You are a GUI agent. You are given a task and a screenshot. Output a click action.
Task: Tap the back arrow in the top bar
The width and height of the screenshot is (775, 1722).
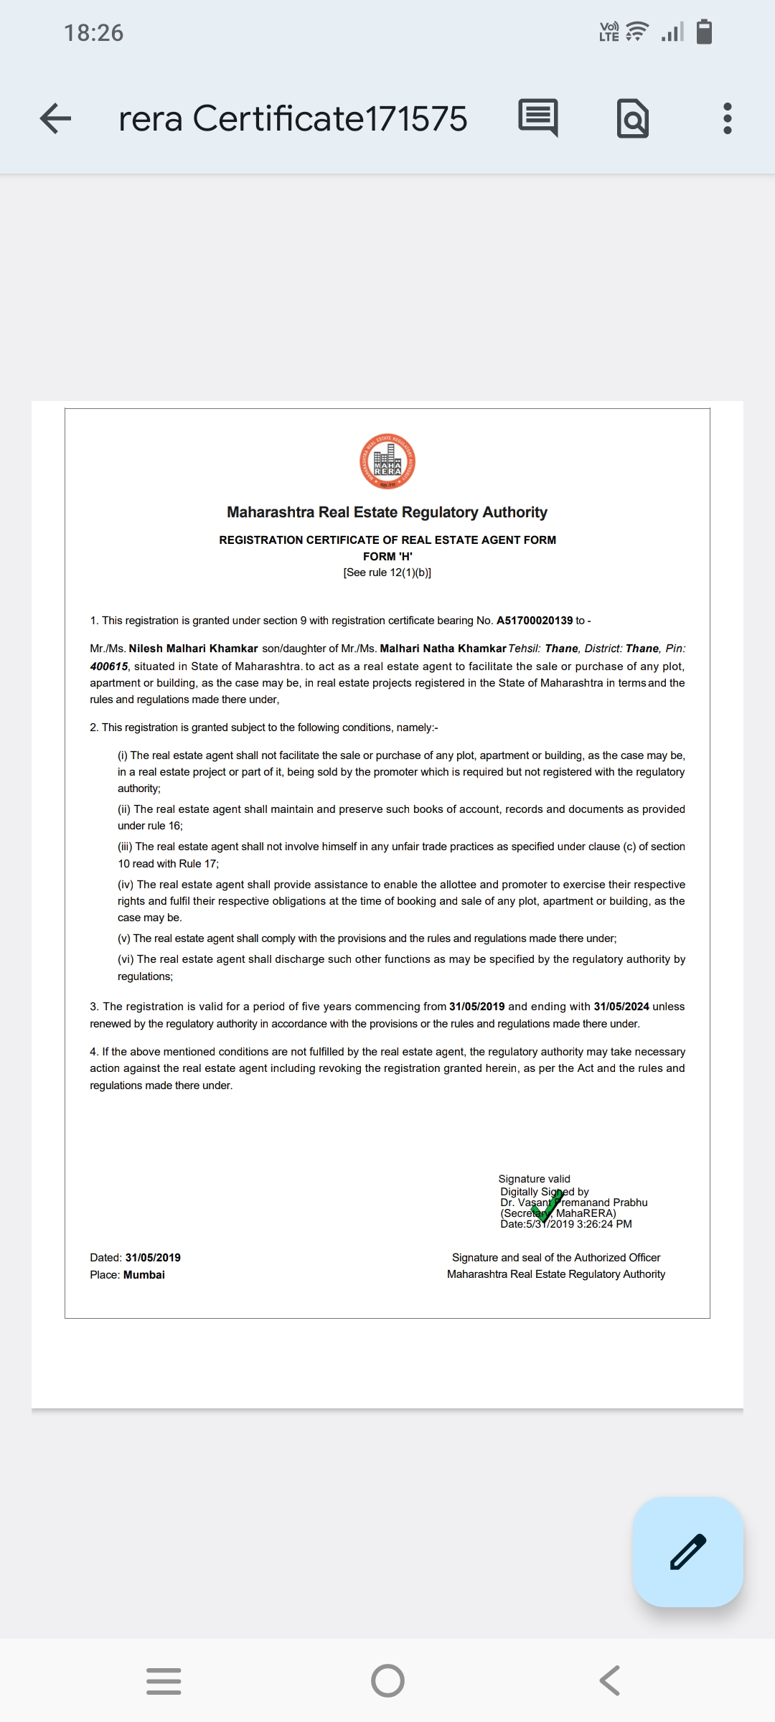tap(56, 118)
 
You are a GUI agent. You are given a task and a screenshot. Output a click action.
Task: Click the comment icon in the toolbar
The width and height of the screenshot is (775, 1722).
tap(537, 118)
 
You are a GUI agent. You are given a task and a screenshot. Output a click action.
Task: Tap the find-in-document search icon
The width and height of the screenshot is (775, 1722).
tap(632, 118)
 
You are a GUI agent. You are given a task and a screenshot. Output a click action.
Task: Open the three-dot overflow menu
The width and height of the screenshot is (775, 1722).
tap(727, 118)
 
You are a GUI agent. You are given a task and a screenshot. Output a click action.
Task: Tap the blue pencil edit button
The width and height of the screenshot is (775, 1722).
tap(687, 1551)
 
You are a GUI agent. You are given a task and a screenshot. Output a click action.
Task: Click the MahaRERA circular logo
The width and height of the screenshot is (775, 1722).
tap(387, 461)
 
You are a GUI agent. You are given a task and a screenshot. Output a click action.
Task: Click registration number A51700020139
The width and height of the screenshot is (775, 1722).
tap(535, 621)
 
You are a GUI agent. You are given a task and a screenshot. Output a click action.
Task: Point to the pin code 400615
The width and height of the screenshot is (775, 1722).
tap(109, 667)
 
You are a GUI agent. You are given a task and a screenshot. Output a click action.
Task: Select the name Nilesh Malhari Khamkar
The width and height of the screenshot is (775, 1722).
tap(193, 649)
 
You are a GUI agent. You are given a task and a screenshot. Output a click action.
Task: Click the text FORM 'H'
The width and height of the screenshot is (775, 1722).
tap(387, 557)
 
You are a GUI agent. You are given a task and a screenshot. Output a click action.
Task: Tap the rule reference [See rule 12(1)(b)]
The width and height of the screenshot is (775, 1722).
tap(387, 573)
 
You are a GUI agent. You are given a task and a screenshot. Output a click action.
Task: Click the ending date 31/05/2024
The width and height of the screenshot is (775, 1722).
tap(621, 1007)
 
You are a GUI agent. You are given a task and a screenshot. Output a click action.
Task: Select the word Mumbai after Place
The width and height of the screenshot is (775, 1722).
tap(144, 1275)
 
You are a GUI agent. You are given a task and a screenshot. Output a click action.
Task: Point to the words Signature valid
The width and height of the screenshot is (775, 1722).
tap(535, 1179)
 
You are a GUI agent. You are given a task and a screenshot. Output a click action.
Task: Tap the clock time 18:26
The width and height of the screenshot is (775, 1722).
tap(93, 33)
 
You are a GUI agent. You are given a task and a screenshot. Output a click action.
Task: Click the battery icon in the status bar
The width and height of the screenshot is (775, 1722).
tap(704, 32)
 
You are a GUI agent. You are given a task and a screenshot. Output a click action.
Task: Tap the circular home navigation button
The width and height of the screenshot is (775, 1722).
tap(387, 1680)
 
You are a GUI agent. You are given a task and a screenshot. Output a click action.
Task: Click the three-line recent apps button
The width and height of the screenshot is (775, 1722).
tap(164, 1680)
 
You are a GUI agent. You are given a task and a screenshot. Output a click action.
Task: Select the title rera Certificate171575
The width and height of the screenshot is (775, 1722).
tap(293, 118)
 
